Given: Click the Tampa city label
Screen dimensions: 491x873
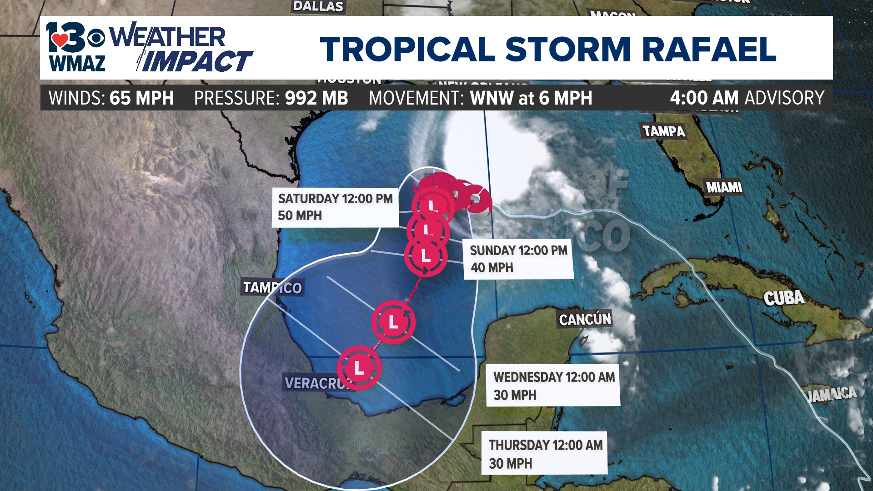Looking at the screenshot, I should pyautogui.click(x=663, y=131).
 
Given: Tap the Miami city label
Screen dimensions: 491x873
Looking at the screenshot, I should pyautogui.click(x=724, y=187).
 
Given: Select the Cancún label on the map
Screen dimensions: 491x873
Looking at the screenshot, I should pyautogui.click(x=585, y=319).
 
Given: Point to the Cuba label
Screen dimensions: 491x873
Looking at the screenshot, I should pyautogui.click(x=784, y=298).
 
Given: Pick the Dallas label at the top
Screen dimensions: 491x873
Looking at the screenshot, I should pyautogui.click(x=318, y=6).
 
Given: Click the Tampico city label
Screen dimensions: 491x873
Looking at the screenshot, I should pyautogui.click(x=272, y=287).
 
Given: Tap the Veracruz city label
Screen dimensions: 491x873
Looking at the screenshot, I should pyautogui.click(x=316, y=383).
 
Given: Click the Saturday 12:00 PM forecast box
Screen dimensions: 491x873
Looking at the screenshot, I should pyautogui.click(x=335, y=207).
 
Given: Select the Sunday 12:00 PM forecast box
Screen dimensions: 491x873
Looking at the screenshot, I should pyautogui.click(x=518, y=259).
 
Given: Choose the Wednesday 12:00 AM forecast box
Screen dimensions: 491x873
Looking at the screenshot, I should pyautogui.click(x=553, y=386).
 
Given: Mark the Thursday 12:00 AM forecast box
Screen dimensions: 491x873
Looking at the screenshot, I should pyautogui.click(x=545, y=453).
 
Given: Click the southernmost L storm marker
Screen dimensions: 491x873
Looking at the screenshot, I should pyautogui.click(x=359, y=368).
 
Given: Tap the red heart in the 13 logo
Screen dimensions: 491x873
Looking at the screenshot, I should pyautogui.click(x=60, y=40).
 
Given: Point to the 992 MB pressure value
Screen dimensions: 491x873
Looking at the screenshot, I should pyautogui.click(x=316, y=98).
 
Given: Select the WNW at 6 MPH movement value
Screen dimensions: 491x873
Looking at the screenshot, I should pyautogui.click(x=531, y=98).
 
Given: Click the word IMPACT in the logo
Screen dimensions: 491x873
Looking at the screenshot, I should pyautogui.click(x=196, y=62).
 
